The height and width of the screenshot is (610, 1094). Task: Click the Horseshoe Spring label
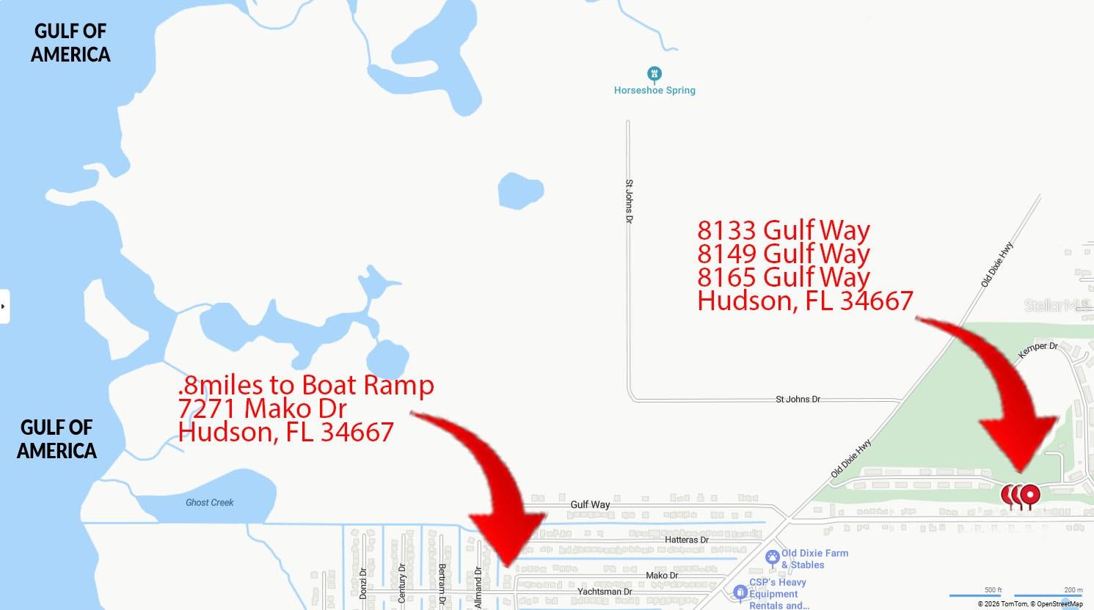pos(654,90)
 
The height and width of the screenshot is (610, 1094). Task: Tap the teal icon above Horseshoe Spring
pos(654,74)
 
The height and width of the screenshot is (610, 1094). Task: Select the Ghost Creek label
pos(209,502)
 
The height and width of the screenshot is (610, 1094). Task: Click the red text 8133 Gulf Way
pos(783,230)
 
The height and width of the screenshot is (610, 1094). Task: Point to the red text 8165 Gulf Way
pos(783,277)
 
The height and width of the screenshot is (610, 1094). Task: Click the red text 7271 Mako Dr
pos(262,408)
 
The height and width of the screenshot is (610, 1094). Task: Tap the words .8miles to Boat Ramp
pos(305,384)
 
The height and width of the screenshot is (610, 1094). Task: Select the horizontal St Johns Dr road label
pos(798,400)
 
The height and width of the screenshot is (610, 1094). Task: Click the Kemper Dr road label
pos(1038,350)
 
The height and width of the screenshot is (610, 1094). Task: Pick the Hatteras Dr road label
pos(686,540)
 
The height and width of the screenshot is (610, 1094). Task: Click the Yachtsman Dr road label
pos(605,592)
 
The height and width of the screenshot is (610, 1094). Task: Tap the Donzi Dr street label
pos(363,583)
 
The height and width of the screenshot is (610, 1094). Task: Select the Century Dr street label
pos(401,583)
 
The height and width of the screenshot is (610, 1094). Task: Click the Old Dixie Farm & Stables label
pos(814,559)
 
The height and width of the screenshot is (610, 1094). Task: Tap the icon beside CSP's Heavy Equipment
pos(740,592)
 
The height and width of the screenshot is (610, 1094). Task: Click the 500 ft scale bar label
pos(993,589)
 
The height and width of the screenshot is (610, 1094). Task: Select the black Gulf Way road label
pos(590,504)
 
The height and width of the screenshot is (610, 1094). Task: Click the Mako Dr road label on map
pos(662,576)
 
